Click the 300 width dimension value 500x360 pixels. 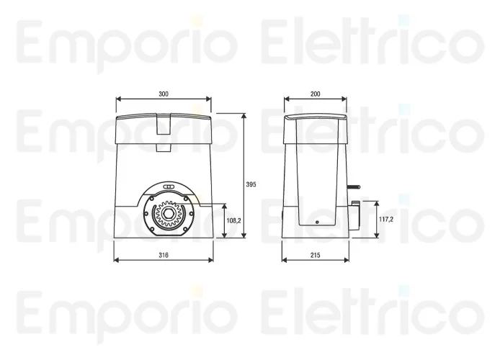(164, 94)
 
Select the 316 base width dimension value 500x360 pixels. (164, 255)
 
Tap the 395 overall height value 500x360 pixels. (251, 184)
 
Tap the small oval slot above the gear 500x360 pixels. (170, 187)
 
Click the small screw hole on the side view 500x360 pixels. (315, 223)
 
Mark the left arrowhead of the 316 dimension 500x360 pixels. (116, 261)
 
